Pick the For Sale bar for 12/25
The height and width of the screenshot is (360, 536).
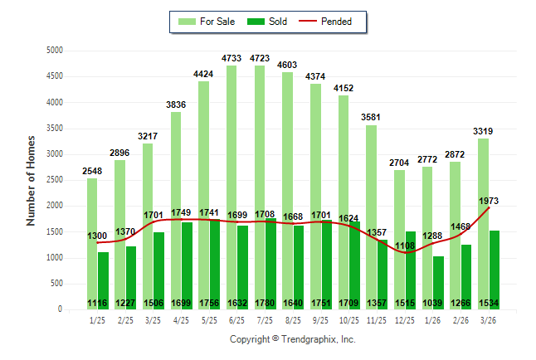[400, 240]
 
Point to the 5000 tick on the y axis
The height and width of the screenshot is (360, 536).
[55, 51]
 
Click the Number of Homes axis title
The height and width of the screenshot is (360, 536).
[32, 180]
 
